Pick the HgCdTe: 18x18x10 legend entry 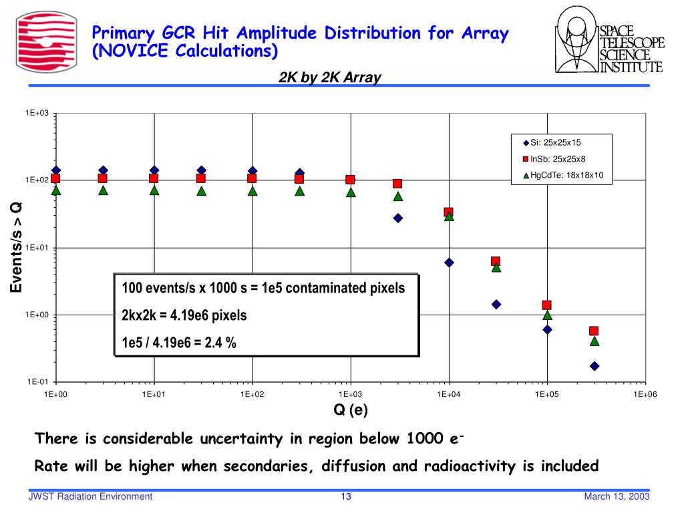(x=561, y=176)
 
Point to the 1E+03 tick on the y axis (x=37, y=114)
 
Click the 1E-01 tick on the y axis (x=38, y=381)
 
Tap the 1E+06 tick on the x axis (x=645, y=395)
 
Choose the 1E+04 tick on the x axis (x=448, y=395)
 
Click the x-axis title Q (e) (x=351, y=409)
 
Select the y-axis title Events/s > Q (x=16, y=248)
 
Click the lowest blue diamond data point (x=594, y=366)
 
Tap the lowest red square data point (x=594, y=331)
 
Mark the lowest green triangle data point (x=594, y=341)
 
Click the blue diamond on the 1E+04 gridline (x=449, y=263)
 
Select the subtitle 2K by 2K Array (x=330, y=77)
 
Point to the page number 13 (x=346, y=496)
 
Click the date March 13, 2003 (x=617, y=496)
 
